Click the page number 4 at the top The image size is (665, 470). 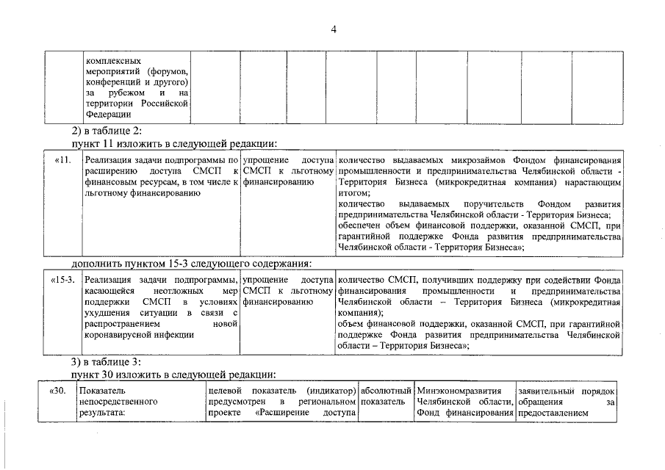click(333, 29)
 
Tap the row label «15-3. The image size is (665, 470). click(62, 281)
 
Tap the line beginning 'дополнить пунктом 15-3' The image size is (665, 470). click(191, 264)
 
